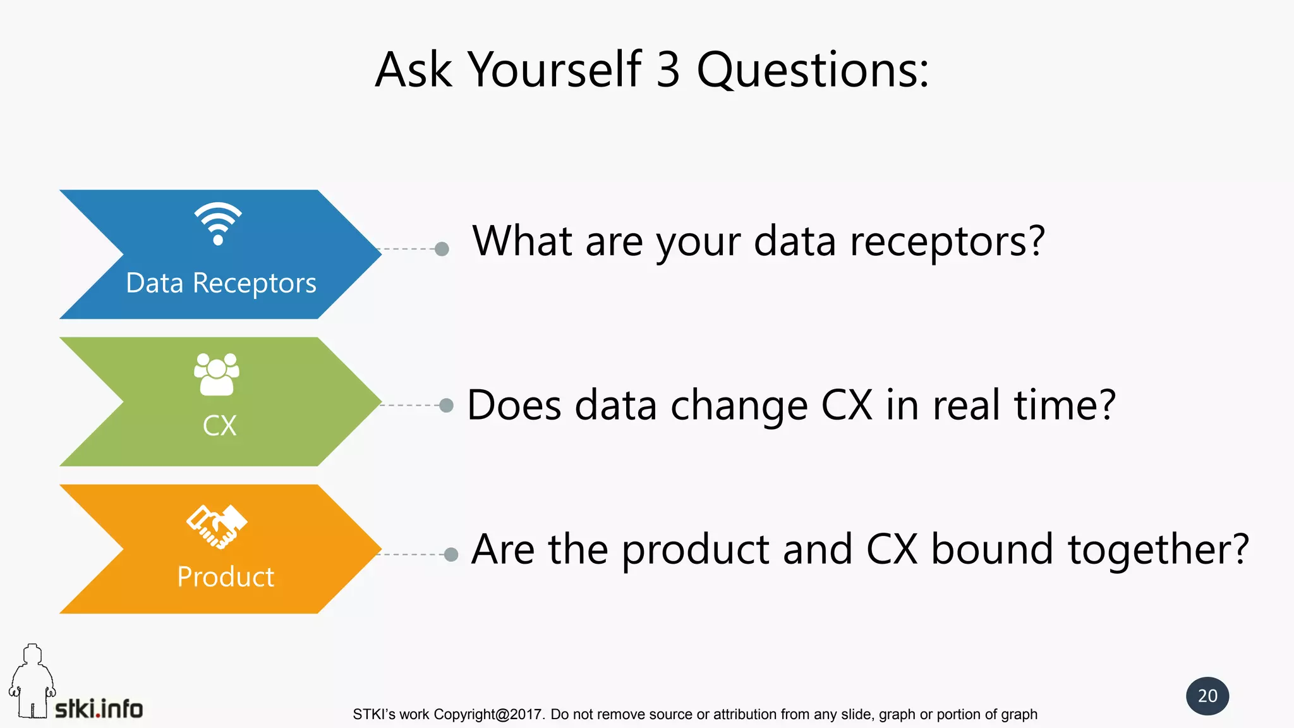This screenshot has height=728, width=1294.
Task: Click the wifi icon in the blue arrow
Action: point(218,224)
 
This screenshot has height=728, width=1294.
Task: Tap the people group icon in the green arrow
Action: point(217,374)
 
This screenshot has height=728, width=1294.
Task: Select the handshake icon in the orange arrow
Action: point(217,526)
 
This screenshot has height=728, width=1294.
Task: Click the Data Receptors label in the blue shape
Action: point(221,283)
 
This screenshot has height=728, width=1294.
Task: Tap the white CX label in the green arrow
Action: point(219,425)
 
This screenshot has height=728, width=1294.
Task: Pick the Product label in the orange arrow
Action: point(226,576)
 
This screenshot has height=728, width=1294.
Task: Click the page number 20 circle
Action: point(1207,696)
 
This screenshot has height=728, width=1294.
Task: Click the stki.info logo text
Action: point(99,708)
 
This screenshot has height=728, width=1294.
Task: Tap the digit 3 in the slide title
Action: point(668,70)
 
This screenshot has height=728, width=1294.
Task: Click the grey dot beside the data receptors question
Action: point(442,249)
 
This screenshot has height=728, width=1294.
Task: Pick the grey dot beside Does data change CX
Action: point(446,405)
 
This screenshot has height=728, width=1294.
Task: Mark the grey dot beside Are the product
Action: point(450,554)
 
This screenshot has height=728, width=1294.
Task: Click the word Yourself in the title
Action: point(554,70)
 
